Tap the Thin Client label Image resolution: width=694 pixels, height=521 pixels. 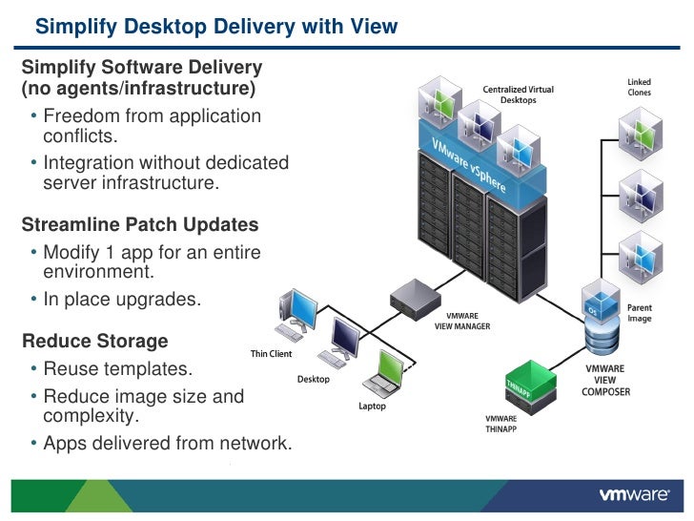click(271, 354)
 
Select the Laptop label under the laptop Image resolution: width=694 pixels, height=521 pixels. click(372, 406)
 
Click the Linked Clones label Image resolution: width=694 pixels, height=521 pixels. click(640, 87)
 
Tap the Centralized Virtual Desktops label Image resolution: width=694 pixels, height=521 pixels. click(519, 94)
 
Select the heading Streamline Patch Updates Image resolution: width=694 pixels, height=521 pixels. click(139, 225)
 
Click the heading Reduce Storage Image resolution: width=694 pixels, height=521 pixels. click(94, 342)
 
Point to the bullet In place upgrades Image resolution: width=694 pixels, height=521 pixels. click(122, 299)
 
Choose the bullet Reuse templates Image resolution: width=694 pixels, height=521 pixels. click(117, 369)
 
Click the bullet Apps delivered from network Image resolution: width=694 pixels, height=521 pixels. click(167, 443)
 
